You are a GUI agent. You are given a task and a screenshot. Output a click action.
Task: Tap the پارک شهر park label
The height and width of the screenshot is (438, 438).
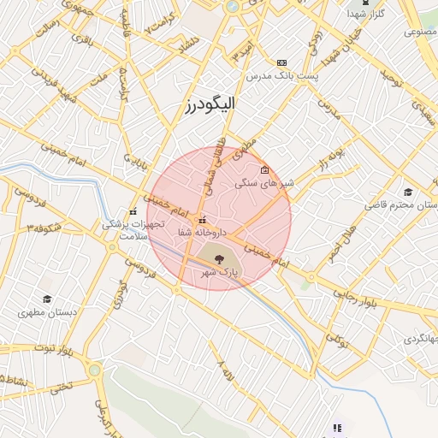[217, 271]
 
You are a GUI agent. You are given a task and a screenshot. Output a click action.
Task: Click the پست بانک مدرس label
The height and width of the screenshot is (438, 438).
[281, 77]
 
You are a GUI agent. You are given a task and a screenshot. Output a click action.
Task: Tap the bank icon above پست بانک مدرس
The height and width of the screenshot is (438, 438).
[281, 63]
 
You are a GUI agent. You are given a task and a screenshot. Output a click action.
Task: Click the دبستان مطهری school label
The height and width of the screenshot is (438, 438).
[50, 312]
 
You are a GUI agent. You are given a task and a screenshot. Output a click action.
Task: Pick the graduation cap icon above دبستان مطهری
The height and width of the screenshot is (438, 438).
[47, 299]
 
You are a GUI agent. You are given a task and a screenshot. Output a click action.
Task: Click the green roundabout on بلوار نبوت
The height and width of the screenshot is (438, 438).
[93, 370]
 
